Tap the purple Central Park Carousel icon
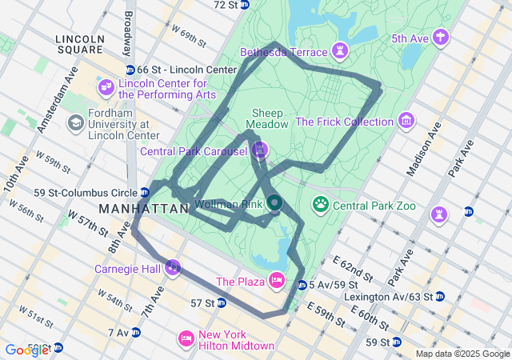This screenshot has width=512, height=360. [x=260, y=150]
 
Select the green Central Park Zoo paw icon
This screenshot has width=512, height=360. [x=321, y=205]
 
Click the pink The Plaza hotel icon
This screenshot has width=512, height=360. [x=276, y=280]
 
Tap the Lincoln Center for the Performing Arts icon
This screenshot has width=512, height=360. [x=106, y=86]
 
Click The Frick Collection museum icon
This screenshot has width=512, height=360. [x=406, y=122]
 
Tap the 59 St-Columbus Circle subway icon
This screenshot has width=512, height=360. [x=144, y=192]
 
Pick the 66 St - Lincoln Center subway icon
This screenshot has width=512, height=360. [x=130, y=70]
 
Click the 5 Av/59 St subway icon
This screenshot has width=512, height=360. [x=302, y=286]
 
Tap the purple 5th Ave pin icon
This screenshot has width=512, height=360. [x=439, y=37]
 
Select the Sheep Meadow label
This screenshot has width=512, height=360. [x=267, y=118]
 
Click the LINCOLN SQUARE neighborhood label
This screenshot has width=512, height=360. [x=80, y=44]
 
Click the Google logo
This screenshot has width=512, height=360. [x=26, y=350]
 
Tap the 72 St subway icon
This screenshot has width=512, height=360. [x=247, y=5]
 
